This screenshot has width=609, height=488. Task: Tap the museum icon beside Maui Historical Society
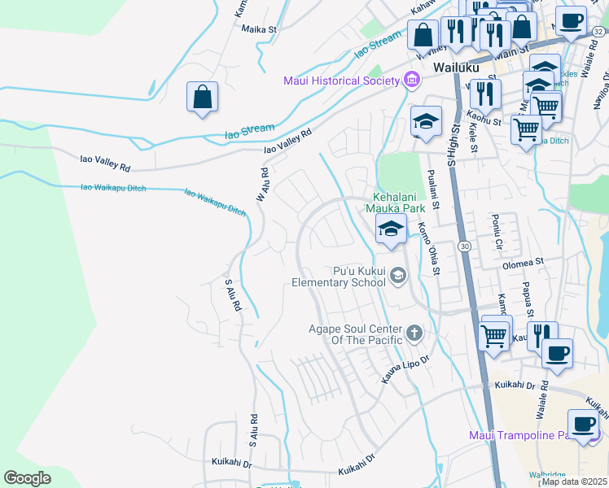coord(412,80)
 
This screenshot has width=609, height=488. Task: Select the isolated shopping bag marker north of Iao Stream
coord(203,98)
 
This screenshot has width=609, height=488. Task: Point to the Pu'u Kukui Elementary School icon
coord(397,276)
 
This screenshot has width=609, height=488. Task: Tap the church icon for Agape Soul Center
coord(414,333)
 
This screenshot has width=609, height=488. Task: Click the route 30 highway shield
coord(463,245)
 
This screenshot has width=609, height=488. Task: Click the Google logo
coord(28,477)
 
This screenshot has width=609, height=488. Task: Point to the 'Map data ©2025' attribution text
coord(574,481)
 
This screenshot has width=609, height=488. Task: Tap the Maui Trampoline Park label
coord(521,435)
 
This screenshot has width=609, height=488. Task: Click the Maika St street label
coord(260,28)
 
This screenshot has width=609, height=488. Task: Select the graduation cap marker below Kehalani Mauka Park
coord(391,231)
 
